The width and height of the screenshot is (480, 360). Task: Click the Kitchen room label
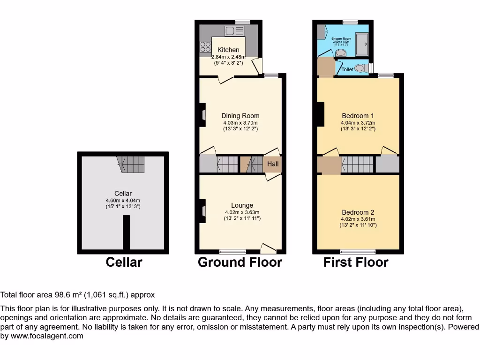(228, 50)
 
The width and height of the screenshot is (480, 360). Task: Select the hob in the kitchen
(205, 46)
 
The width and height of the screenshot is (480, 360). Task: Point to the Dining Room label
(240, 116)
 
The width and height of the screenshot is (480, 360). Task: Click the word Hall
(273, 164)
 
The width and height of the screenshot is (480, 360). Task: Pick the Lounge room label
(242, 205)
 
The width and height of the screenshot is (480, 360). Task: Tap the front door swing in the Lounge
(269, 247)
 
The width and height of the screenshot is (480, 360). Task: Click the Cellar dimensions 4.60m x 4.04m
(123, 200)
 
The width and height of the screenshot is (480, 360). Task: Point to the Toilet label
(347, 69)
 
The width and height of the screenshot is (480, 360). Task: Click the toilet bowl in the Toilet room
(360, 68)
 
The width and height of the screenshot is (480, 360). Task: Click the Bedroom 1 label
(358, 116)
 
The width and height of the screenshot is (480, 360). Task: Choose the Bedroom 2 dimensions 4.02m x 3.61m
(358, 218)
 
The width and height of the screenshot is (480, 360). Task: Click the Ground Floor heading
(240, 262)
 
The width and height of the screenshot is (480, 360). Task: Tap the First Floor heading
(356, 262)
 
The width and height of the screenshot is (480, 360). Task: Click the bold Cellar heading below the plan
(124, 262)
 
